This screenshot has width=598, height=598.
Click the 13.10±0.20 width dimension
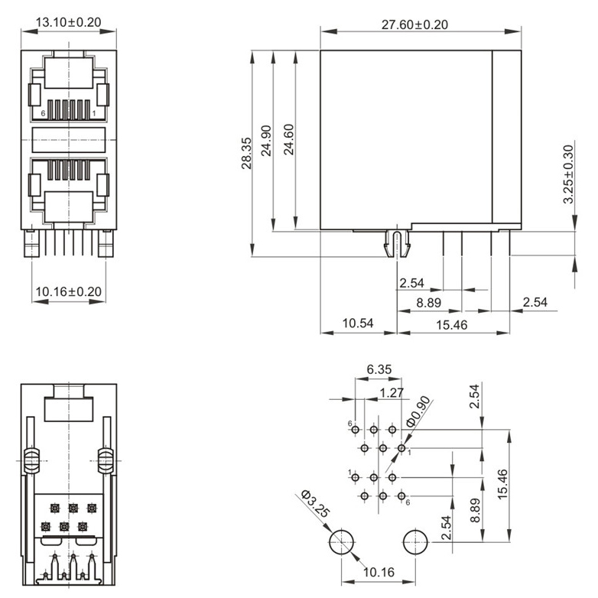click(x=68, y=21)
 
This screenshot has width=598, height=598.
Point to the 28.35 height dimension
click(x=245, y=154)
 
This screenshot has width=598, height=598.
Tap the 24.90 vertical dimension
click(x=266, y=141)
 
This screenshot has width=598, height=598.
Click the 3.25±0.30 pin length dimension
click(x=568, y=174)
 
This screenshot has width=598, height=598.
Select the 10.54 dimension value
click(x=357, y=323)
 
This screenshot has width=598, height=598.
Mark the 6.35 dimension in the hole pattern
click(x=379, y=370)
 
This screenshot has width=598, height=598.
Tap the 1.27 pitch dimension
click(x=392, y=393)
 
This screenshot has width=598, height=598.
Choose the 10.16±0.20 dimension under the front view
click(x=68, y=291)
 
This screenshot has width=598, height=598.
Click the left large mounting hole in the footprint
click(x=340, y=542)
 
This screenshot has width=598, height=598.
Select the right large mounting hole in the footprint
click(x=414, y=542)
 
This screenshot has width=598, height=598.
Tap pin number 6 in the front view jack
click(x=44, y=113)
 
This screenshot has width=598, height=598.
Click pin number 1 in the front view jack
click(x=93, y=113)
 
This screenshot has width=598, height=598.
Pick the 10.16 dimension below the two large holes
click(x=378, y=571)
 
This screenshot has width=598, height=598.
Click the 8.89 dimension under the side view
click(x=428, y=303)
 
